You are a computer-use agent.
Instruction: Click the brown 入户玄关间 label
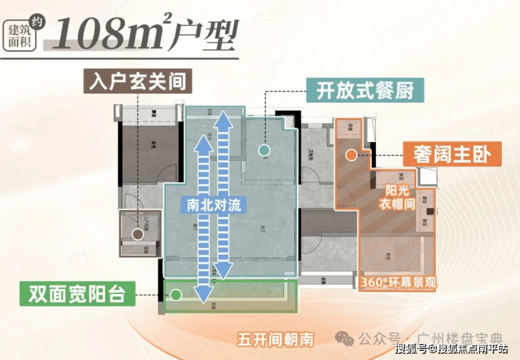pos(138,81)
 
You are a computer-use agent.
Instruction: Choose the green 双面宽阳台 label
pos(78,294)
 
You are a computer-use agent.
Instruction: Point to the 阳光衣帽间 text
pos(398,198)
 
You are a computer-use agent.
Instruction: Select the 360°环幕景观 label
pos(397,283)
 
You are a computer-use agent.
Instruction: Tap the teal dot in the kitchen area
pos(264,150)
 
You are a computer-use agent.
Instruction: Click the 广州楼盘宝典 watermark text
pos(450,338)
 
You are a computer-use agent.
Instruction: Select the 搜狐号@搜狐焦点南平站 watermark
pos(452,349)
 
